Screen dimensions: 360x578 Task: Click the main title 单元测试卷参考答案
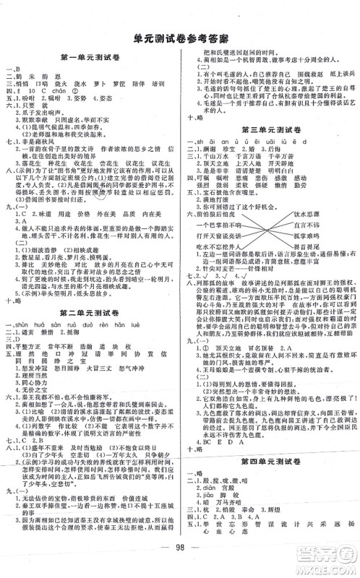pyautogui.click(x=180, y=39)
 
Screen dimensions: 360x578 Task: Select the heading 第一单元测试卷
pyautogui.click(x=90, y=57)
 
